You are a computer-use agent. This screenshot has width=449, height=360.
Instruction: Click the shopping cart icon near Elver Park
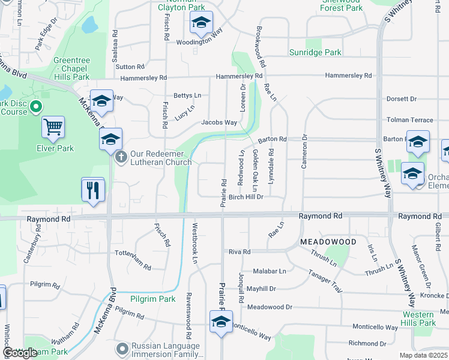53,127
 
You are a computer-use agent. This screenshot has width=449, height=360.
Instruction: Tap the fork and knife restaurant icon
93,190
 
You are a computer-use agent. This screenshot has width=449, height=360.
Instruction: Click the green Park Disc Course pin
35,107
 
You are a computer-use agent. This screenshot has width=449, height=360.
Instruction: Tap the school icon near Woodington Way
201,23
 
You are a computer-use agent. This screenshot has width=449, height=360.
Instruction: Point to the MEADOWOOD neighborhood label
328,242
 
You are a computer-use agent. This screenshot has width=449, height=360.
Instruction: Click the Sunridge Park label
315,53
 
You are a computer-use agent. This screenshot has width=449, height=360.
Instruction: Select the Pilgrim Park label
153,299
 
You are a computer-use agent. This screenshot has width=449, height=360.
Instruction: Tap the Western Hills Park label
419,319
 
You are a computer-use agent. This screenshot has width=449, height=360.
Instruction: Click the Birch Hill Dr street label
246,197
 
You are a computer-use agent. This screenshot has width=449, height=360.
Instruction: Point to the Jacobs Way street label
219,122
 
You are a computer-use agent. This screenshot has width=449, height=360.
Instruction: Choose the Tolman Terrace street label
410,120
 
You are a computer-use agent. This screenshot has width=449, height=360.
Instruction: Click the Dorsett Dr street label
402,99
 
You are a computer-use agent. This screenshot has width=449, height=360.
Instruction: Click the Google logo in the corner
20,353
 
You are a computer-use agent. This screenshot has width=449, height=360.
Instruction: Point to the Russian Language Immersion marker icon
122,349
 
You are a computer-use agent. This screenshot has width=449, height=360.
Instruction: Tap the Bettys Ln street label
187,95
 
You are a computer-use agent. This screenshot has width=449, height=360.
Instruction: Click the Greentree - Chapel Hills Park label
71,68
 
